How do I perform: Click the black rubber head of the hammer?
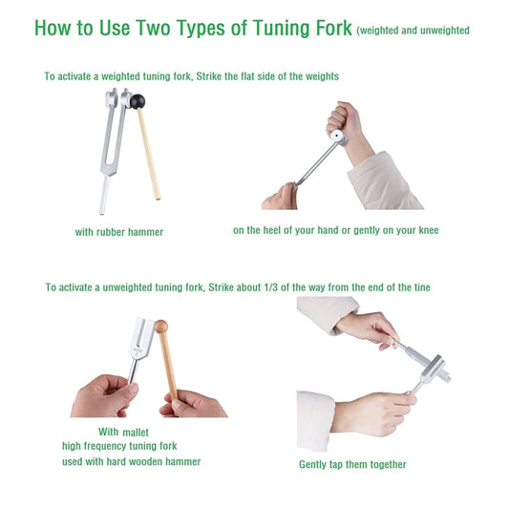click(x=138, y=100)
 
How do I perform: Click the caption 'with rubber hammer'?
click(x=119, y=232)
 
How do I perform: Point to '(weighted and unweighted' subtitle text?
click(x=413, y=31)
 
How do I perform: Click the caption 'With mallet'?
click(x=121, y=432)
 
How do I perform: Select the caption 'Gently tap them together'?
click(x=352, y=464)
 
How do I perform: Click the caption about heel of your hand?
click(x=335, y=230)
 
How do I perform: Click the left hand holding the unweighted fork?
click(x=101, y=395)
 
